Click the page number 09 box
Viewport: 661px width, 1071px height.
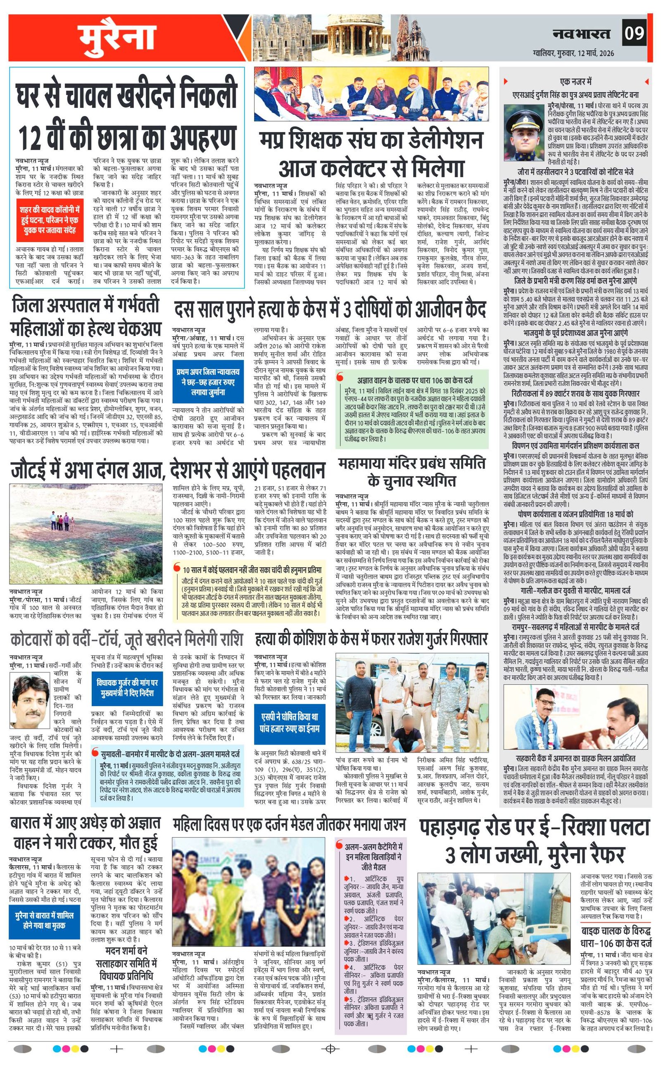coord(634,33)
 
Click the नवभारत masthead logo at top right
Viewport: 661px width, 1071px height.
coord(581,33)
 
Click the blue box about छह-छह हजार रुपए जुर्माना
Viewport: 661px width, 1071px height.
coord(207,382)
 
